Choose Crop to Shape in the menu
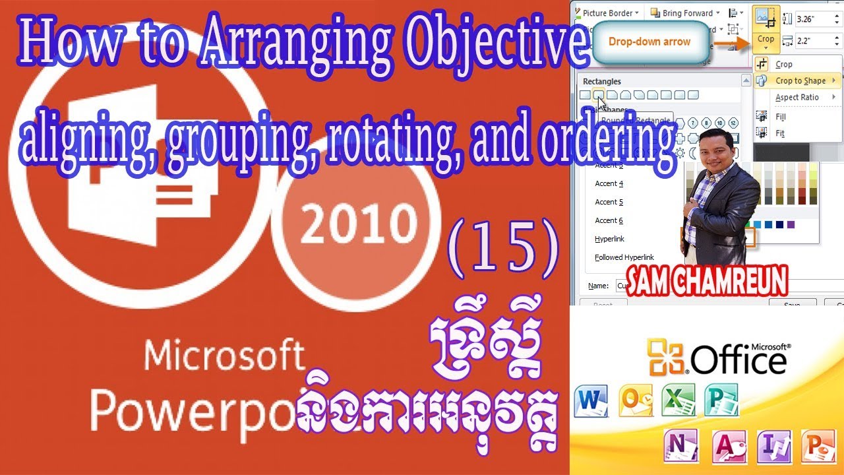[800, 80]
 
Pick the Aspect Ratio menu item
[797, 97]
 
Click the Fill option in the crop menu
[780, 117]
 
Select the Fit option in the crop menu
[780, 133]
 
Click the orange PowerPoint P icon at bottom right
[816, 445]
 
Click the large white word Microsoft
[224, 356]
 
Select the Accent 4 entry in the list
[609, 183]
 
